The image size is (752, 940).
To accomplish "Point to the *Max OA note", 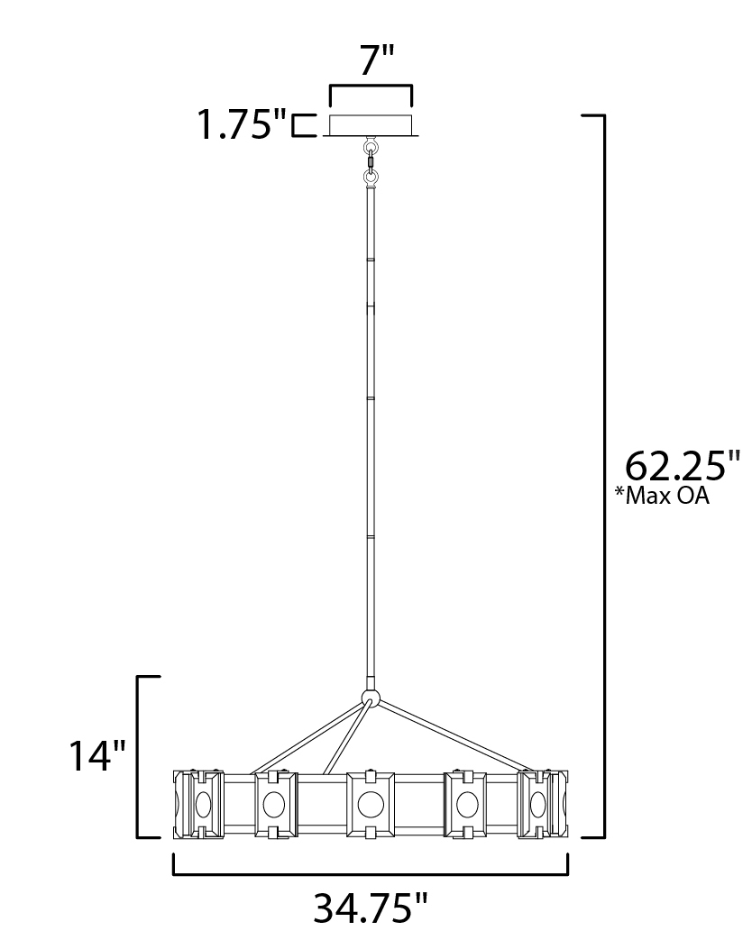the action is (662, 496).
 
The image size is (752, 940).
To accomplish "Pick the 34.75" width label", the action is (371, 908).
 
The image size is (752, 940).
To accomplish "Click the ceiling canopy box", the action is (371, 125).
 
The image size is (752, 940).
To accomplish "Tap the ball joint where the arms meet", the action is (371, 698).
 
